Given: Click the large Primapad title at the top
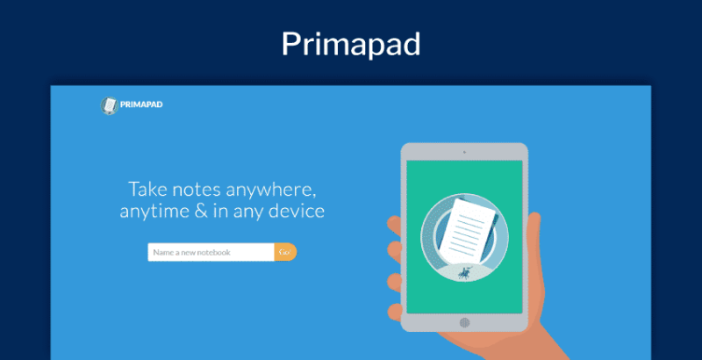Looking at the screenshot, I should [x=351, y=43].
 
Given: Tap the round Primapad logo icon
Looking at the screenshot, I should [x=109, y=106].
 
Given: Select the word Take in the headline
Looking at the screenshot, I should [x=147, y=189].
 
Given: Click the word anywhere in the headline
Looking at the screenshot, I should [x=271, y=189].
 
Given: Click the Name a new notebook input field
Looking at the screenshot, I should [x=211, y=253].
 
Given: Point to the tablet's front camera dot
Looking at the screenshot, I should [x=464, y=152].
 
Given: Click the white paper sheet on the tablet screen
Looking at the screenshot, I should [x=469, y=232].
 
